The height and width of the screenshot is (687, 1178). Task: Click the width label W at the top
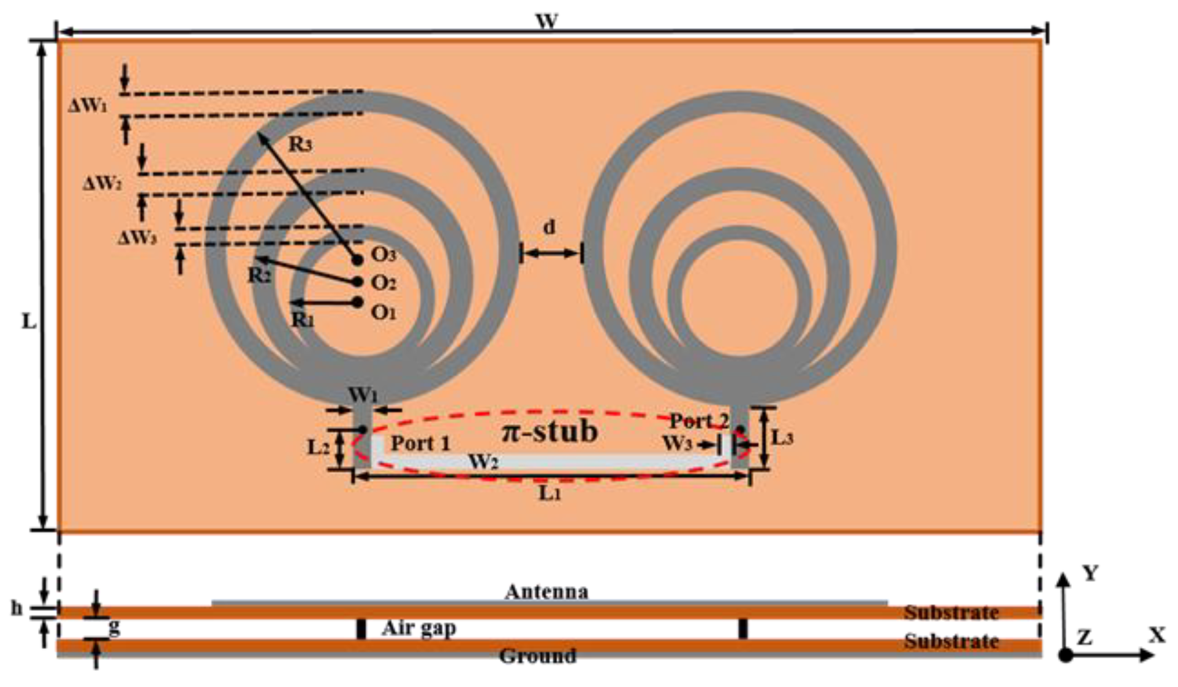click(546, 21)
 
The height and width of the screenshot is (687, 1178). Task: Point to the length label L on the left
click(28, 321)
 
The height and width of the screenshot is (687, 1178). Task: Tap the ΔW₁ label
click(87, 105)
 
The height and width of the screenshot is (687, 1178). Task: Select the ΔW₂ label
click(102, 182)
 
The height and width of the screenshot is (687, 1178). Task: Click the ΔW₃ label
click(137, 238)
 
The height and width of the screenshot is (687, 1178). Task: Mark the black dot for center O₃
click(357, 260)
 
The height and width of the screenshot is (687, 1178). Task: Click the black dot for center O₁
click(358, 302)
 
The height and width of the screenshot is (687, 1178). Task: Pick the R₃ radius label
click(300, 145)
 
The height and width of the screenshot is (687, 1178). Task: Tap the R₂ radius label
click(259, 276)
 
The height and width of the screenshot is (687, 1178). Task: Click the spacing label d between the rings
click(549, 228)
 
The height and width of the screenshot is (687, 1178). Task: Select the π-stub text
click(549, 432)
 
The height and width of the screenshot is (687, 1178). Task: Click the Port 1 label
click(420, 443)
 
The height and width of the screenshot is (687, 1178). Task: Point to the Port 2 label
click(698, 421)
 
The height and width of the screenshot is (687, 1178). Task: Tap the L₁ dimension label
click(549, 494)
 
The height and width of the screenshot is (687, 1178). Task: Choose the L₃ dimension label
click(782, 438)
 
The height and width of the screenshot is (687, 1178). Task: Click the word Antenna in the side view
click(546, 591)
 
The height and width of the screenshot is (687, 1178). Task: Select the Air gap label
click(419, 628)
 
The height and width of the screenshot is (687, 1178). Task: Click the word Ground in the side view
click(537, 656)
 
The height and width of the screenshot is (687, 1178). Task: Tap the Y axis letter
click(1090, 574)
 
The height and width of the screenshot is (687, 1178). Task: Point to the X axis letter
click(1157, 636)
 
